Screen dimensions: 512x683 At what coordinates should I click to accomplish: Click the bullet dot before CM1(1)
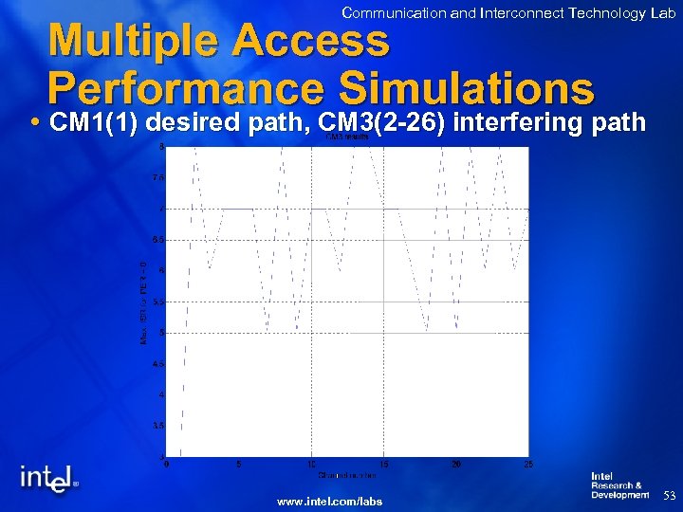click(35, 123)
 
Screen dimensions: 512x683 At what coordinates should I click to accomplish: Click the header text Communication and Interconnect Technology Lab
click(508, 12)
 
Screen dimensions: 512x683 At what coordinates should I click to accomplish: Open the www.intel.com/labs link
click(329, 501)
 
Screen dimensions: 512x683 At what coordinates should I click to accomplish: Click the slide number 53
click(669, 495)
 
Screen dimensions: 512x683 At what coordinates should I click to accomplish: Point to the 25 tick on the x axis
click(528, 464)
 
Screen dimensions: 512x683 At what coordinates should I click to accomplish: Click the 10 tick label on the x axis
click(311, 464)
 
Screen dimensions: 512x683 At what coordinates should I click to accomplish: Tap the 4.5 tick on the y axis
click(158, 364)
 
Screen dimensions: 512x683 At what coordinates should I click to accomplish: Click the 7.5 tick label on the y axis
click(158, 177)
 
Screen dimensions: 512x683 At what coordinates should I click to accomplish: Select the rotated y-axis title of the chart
click(143, 302)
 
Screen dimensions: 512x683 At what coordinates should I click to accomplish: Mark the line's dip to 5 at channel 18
click(428, 331)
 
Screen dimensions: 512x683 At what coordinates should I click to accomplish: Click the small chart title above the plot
click(346, 137)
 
